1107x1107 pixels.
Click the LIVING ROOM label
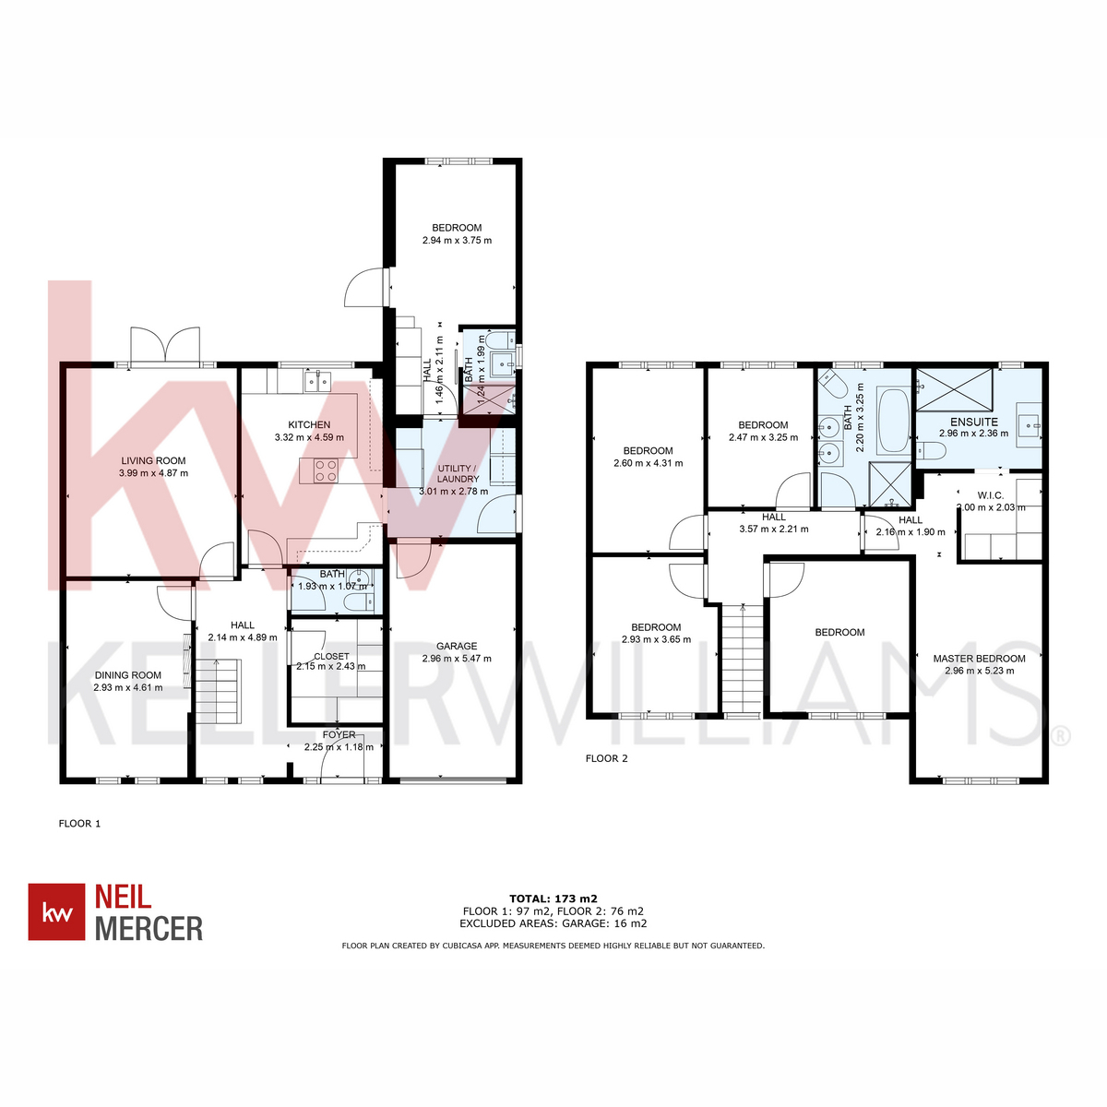(x=153, y=460)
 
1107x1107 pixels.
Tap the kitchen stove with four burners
(x=325, y=470)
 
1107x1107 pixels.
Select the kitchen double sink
(x=317, y=381)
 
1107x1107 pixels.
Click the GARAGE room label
(x=456, y=646)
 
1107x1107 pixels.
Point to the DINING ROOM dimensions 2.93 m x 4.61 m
(x=128, y=687)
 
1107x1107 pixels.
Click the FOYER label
(x=339, y=734)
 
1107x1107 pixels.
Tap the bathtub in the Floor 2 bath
(x=892, y=421)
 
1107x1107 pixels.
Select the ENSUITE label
(x=974, y=422)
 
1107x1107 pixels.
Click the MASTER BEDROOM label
(x=979, y=659)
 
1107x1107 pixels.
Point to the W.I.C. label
(x=991, y=495)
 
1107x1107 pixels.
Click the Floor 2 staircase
(x=743, y=660)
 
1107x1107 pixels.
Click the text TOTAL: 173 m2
(x=553, y=899)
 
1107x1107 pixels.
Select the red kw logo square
(x=56, y=911)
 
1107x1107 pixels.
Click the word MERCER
(x=149, y=929)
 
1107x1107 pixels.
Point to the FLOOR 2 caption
(x=606, y=758)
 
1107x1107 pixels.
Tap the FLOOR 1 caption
(x=79, y=823)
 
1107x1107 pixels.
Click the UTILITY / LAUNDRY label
(x=458, y=473)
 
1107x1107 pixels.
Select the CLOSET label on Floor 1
(x=331, y=656)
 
